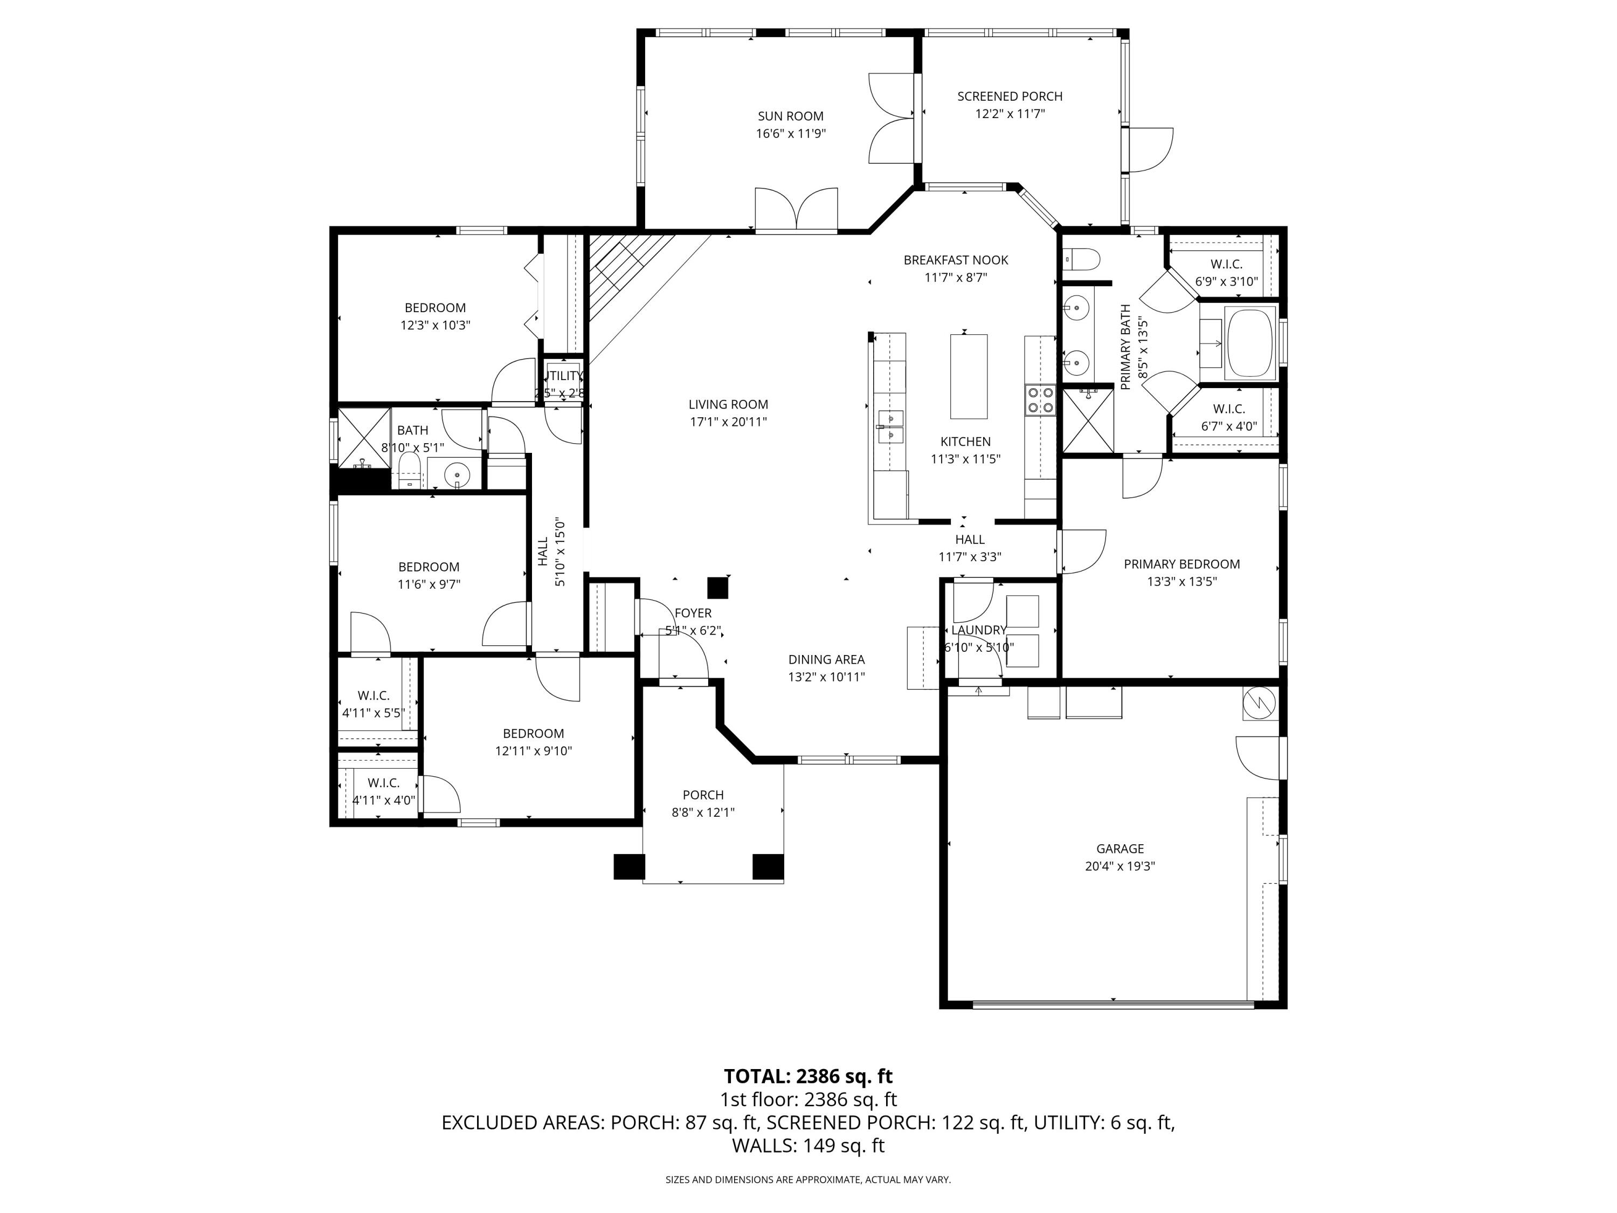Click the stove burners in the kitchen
click(1040, 400)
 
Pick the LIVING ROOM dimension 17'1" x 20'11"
click(728, 422)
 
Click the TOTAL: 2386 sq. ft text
click(808, 1076)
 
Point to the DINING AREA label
click(826, 659)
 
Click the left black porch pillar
click(628, 866)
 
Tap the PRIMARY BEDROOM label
click(1181, 564)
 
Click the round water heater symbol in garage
click(1260, 704)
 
